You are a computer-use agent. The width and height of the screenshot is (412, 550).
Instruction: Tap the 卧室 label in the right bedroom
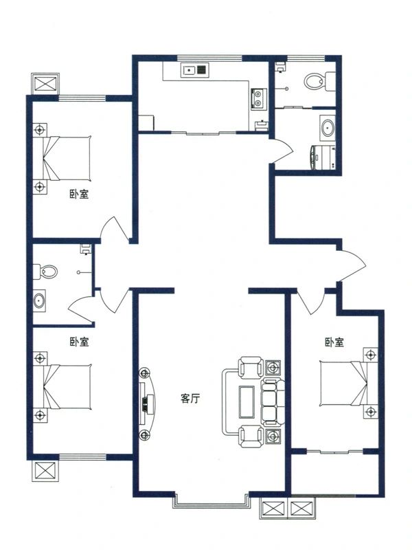tap(334, 342)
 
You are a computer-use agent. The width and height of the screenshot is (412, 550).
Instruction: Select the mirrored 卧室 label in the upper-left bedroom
tap(79, 194)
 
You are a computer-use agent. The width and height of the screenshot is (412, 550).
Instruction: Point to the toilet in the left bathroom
tap(48, 272)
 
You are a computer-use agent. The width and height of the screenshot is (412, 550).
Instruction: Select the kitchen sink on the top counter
tap(192, 69)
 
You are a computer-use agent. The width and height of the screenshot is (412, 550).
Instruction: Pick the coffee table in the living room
tap(247, 401)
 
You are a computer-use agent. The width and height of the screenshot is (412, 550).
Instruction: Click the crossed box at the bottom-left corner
tap(46, 474)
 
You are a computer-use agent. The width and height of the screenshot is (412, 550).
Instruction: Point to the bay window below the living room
tap(211, 502)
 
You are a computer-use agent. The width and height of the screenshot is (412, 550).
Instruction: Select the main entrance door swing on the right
tap(352, 265)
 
